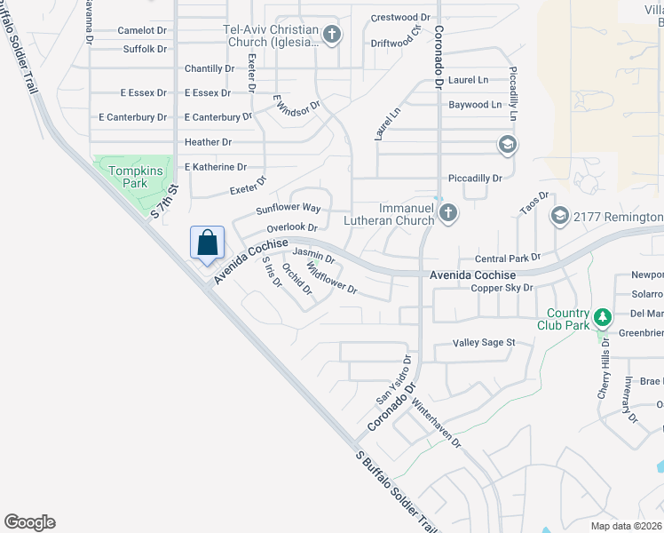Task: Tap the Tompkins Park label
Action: (x=127, y=177)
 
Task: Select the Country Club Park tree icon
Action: (x=602, y=317)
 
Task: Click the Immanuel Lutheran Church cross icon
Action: (x=448, y=212)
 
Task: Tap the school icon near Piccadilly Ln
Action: (x=507, y=145)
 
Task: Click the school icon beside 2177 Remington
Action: (x=560, y=217)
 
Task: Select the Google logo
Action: (x=29, y=522)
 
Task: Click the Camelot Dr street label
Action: (x=142, y=30)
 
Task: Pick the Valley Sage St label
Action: (x=485, y=343)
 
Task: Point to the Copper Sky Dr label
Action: (x=502, y=288)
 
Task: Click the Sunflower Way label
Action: (x=288, y=209)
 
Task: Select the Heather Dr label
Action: (x=208, y=142)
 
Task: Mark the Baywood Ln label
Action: (x=475, y=105)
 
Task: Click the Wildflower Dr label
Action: (x=332, y=276)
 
